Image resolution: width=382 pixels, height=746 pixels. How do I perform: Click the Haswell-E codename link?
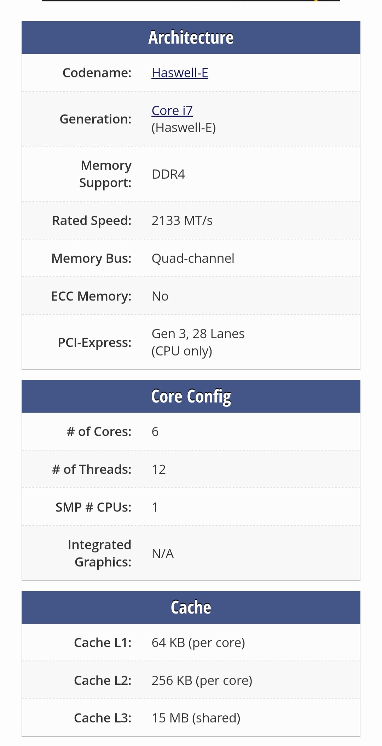coord(180,73)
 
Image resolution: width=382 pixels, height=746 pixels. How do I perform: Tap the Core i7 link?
coord(172,111)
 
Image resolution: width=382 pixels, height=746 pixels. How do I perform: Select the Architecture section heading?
coord(191,37)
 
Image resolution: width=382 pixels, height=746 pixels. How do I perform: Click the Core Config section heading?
coord(191,396)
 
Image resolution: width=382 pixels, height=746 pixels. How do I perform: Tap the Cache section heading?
coord(191,607)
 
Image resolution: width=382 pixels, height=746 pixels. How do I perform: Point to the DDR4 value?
coord(168,174)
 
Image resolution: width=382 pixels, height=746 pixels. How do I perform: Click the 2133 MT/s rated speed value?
coord(182,221)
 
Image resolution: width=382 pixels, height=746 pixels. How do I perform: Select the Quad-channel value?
coord(193,258)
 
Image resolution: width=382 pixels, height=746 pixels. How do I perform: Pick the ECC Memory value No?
coord(160,296)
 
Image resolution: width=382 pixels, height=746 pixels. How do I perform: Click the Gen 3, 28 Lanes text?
coord(198,334)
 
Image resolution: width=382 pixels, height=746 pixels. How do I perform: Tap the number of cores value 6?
coord(155,432)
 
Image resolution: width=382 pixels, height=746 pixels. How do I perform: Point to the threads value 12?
coord(158,470)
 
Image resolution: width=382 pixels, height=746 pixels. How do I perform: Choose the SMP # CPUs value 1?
coord(155,507)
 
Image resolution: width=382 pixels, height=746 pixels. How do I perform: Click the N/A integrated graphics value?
coord(163,554)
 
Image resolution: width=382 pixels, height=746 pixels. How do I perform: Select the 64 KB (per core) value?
coord(198,643)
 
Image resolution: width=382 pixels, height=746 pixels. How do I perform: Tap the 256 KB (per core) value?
coord(202,681)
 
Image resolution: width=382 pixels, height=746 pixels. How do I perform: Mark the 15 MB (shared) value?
coord(196,718)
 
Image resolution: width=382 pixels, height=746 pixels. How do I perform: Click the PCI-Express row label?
coord(94,343)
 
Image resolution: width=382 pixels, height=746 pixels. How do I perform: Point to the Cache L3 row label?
coord(103,718)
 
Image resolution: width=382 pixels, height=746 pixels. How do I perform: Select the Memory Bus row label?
coord(91,258)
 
